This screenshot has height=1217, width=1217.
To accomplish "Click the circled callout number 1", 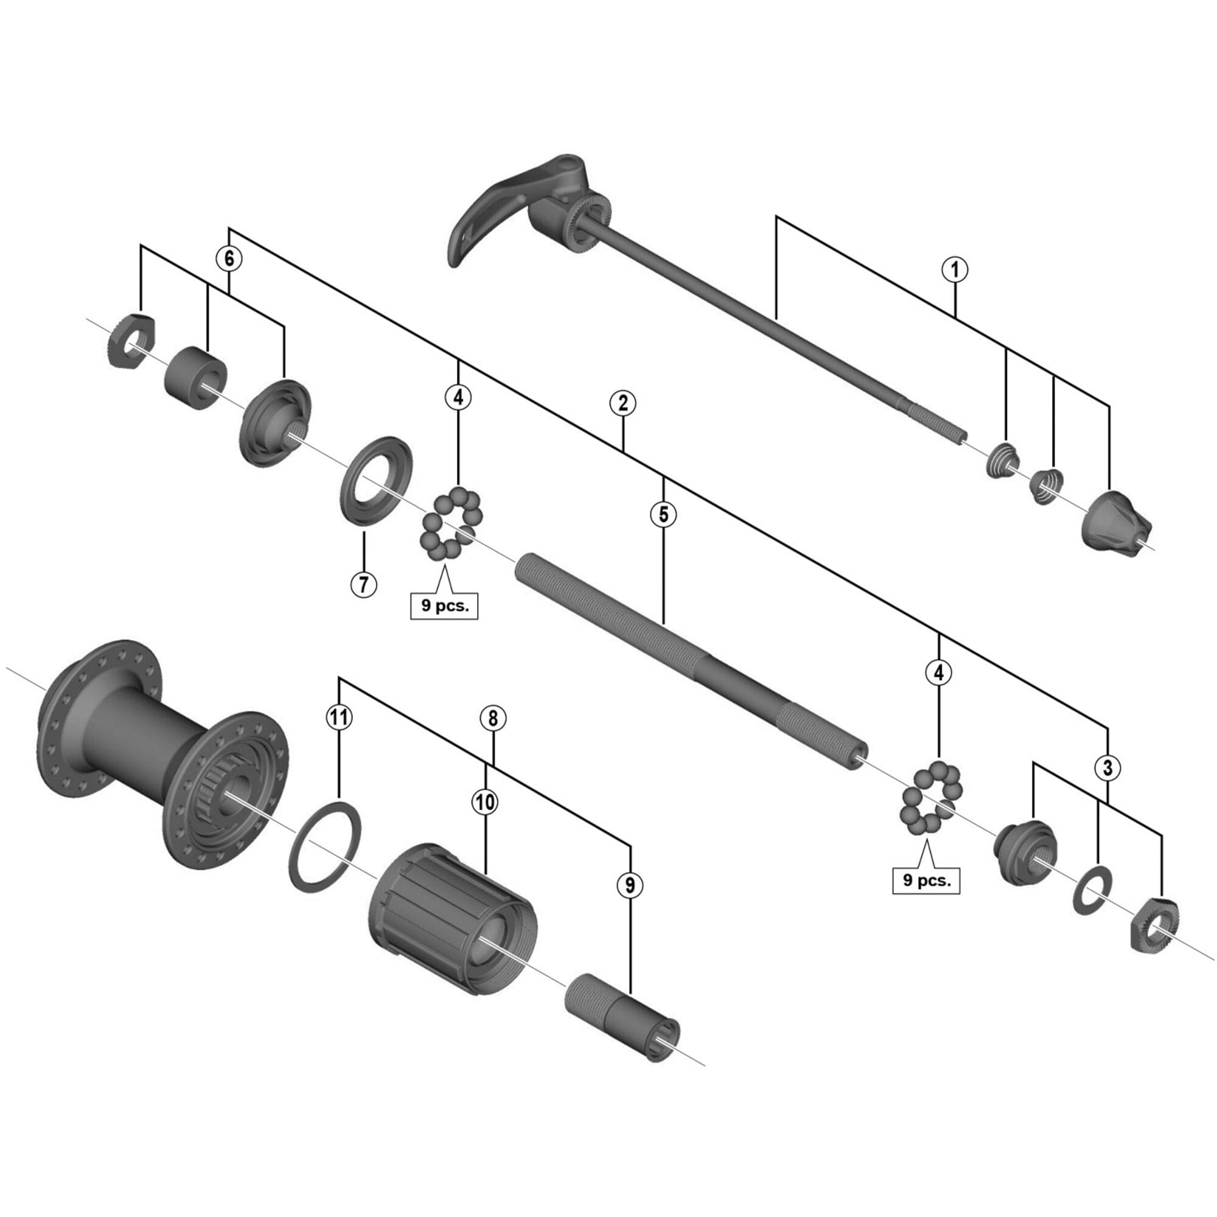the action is point(954,270).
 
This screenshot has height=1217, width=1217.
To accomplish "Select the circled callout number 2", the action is point(622,402).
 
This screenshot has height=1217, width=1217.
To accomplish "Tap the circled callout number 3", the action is point(1108,768).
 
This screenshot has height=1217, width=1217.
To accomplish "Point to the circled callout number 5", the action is point(663,514).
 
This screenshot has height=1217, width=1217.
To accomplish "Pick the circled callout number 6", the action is point(229,258).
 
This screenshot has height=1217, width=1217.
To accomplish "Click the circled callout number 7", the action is point(363,585).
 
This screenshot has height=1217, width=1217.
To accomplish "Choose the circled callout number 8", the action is point(493,717).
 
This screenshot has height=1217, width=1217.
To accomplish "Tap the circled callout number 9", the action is point(630,885).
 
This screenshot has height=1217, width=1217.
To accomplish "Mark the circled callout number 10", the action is point(485,802).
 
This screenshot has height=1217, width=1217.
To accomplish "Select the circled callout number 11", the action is point(340,717).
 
